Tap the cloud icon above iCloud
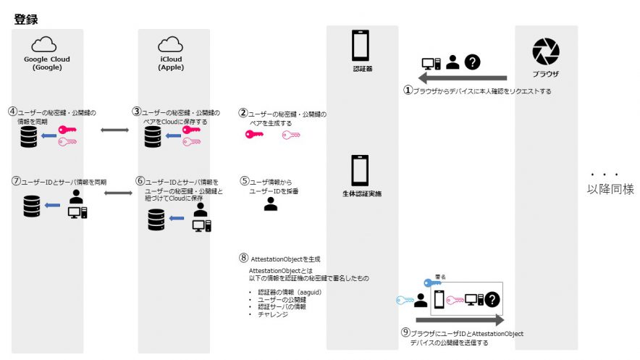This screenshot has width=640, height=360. point(170,45)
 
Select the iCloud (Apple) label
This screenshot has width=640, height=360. point(171,62)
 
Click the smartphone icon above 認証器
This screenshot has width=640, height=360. point(361,45)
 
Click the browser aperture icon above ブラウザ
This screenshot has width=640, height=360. point(545,51)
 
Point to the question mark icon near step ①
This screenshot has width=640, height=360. point(473,62)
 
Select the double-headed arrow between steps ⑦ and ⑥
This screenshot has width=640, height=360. point(118,193)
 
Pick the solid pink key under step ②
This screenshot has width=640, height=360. point(258,134)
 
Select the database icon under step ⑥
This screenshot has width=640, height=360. point(156,219)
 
